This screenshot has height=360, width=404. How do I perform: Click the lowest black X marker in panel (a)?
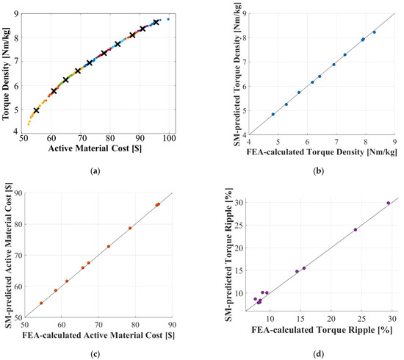37,111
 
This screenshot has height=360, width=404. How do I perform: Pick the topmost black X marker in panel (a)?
156,22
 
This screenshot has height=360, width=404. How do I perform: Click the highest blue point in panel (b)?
374,32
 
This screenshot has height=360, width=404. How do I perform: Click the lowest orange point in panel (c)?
41,303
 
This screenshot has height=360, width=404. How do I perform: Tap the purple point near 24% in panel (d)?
356,229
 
